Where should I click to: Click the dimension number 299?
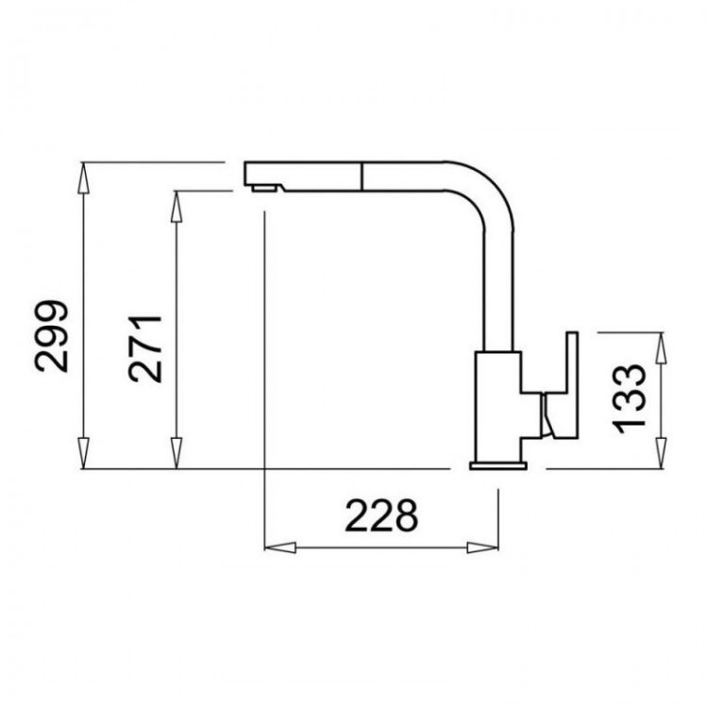[x=52, y=335]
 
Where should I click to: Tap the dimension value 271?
[x=145, y=349]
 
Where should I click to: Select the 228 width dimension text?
[x=381, y=515]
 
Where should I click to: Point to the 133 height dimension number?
[x=629, y=397]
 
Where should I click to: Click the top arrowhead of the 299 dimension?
[x=83, y=177]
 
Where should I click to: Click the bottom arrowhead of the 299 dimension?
[x=83, y=453]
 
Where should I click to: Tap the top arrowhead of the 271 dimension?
[x=177, y=207]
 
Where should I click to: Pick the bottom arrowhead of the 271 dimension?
[x=177, y=453]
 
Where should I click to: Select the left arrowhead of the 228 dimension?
[x=280, y=548]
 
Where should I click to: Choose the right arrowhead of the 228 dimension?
[x=482, y=548]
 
